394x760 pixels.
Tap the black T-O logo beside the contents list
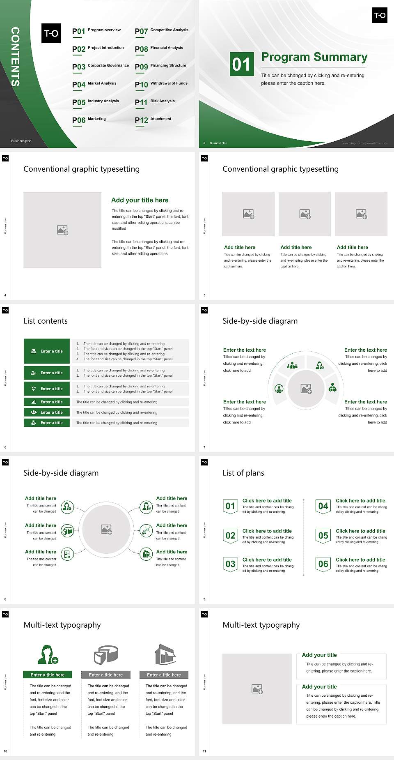pos(51,33)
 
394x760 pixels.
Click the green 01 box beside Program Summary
pos(241,64)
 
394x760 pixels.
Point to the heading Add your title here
pos(140,200)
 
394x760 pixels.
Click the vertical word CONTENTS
pos(15,57)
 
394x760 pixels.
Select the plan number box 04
pos(323,506)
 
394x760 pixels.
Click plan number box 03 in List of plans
pos(230,564)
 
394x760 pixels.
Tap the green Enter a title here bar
pos(48,675)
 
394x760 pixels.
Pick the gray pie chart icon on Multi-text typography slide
pos(106,654)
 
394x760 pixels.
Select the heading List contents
pos(46,321)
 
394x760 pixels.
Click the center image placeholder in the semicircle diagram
pos(306,388)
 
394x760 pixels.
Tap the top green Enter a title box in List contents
pos(47,351)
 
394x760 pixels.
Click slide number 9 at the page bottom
pos(204,599)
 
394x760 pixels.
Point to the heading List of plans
pos(243,473)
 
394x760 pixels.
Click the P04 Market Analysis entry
pos(94,84)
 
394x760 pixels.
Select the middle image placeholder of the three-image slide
pos(305,214)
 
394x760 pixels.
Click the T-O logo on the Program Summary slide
pos(380,15)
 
